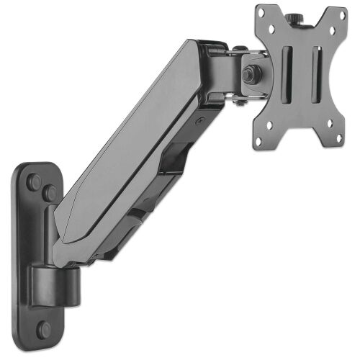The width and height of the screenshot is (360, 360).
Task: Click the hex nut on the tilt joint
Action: pos(252,73)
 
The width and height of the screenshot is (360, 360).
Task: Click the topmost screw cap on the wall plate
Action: pos(34,182)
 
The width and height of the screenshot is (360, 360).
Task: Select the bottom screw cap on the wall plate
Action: pos(44,329)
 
